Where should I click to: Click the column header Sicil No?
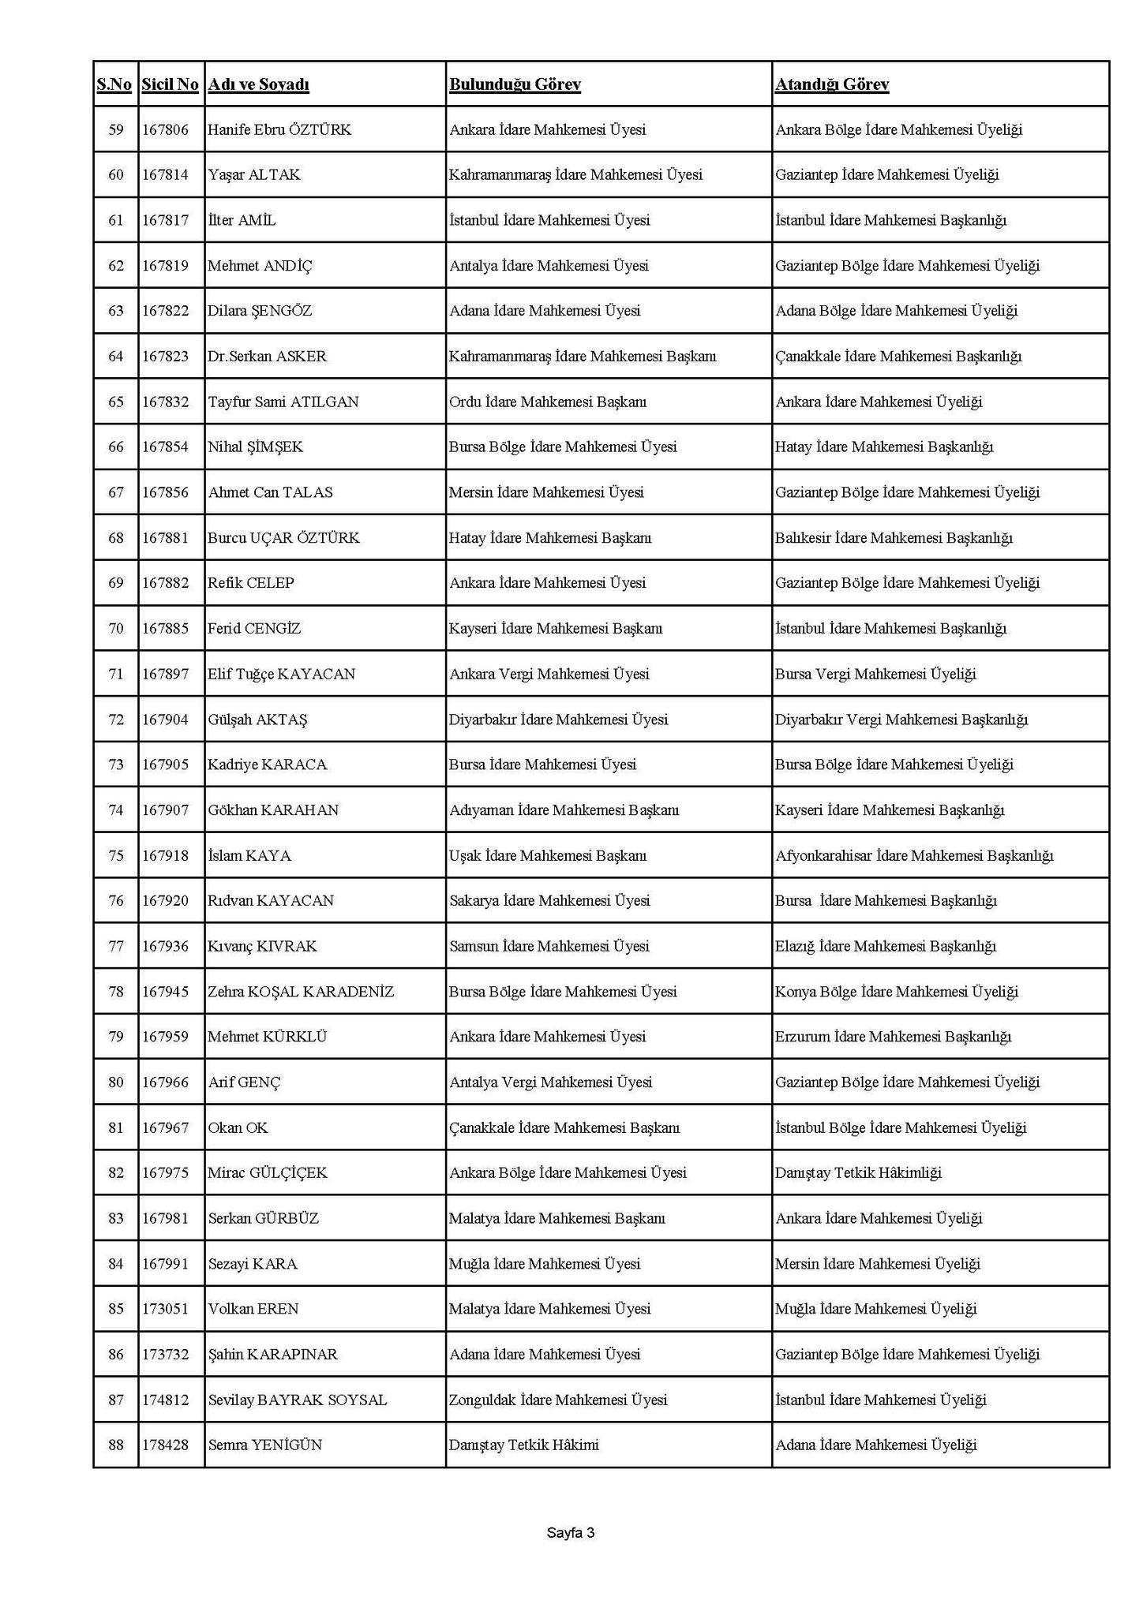coord(170,84)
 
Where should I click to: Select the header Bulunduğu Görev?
coord(515,84)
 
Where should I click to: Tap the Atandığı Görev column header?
coord(832,84)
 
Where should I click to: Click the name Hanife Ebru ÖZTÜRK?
coord(279,129)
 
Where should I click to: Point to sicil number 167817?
coord(166,220)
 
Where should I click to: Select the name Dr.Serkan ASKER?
coord(267,356)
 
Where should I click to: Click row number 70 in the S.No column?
coord(116,629)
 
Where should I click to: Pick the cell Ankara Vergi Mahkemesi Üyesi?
coord(549,674)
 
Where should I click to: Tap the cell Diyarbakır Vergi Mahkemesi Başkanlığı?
coord(901,720)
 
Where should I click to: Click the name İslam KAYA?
coord(249,855)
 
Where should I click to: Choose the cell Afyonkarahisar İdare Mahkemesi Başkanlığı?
coord(914,855)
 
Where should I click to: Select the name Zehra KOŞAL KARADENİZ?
coord(301,992)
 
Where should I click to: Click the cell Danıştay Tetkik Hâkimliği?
coord(858,1173)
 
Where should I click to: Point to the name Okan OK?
coord(238,1127)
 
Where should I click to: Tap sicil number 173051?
coord(166,1309)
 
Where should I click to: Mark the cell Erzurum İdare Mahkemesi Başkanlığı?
coord(893,1037)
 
